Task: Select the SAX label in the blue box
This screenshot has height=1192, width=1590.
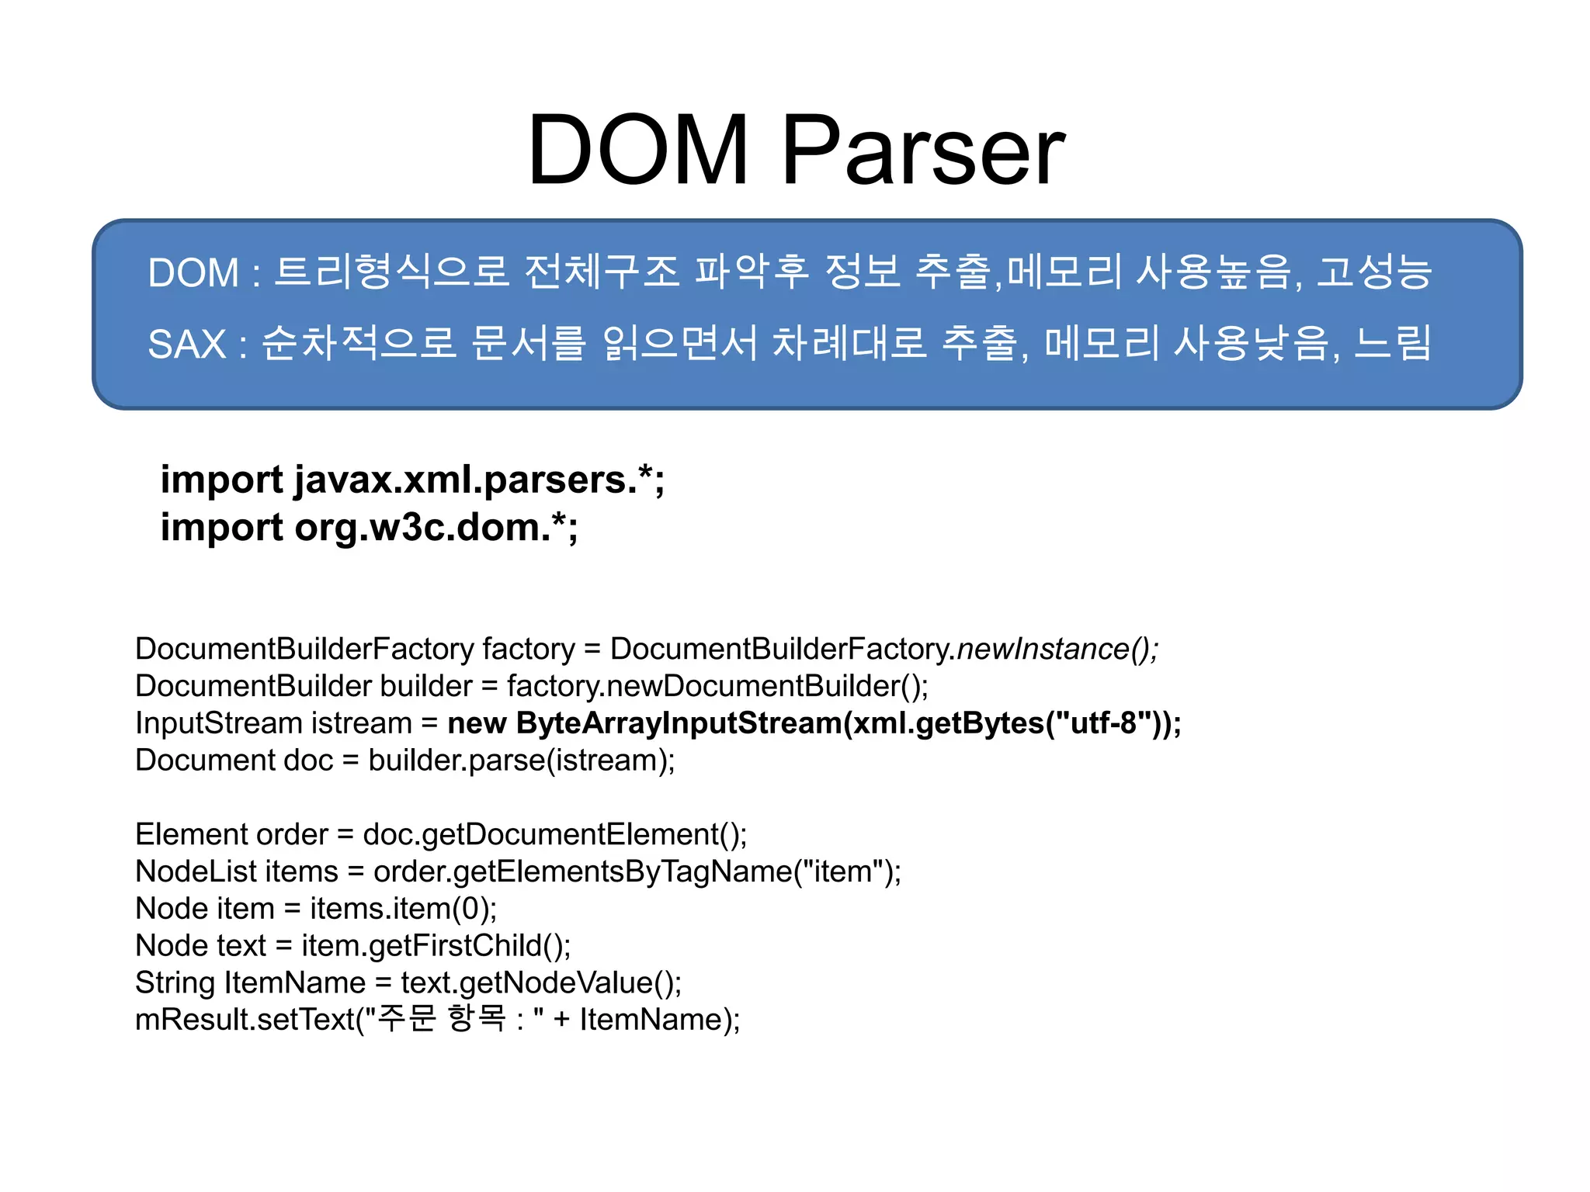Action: click(186, 344)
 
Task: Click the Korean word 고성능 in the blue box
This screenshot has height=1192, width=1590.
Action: click(1374, 272)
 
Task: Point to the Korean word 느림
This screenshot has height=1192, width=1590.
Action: click(1393, 344)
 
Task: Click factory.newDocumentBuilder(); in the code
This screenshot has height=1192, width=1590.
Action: click(717, 686)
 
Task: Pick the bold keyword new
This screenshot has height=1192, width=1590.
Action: click(477, 723)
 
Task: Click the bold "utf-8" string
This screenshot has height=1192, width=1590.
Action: click(1102, 723)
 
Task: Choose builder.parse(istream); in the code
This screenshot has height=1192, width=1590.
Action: click(522, 761)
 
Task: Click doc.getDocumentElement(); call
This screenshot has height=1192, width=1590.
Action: click(554, 834)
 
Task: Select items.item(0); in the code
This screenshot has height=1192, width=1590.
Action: click(403, 909)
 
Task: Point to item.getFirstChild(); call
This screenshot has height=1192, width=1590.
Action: click(436, 946)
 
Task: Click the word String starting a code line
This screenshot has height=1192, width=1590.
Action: click(175, 983)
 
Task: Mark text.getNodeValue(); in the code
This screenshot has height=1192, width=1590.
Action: click(540, 983)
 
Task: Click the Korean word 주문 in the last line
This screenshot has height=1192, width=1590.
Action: click(407, 1019)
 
